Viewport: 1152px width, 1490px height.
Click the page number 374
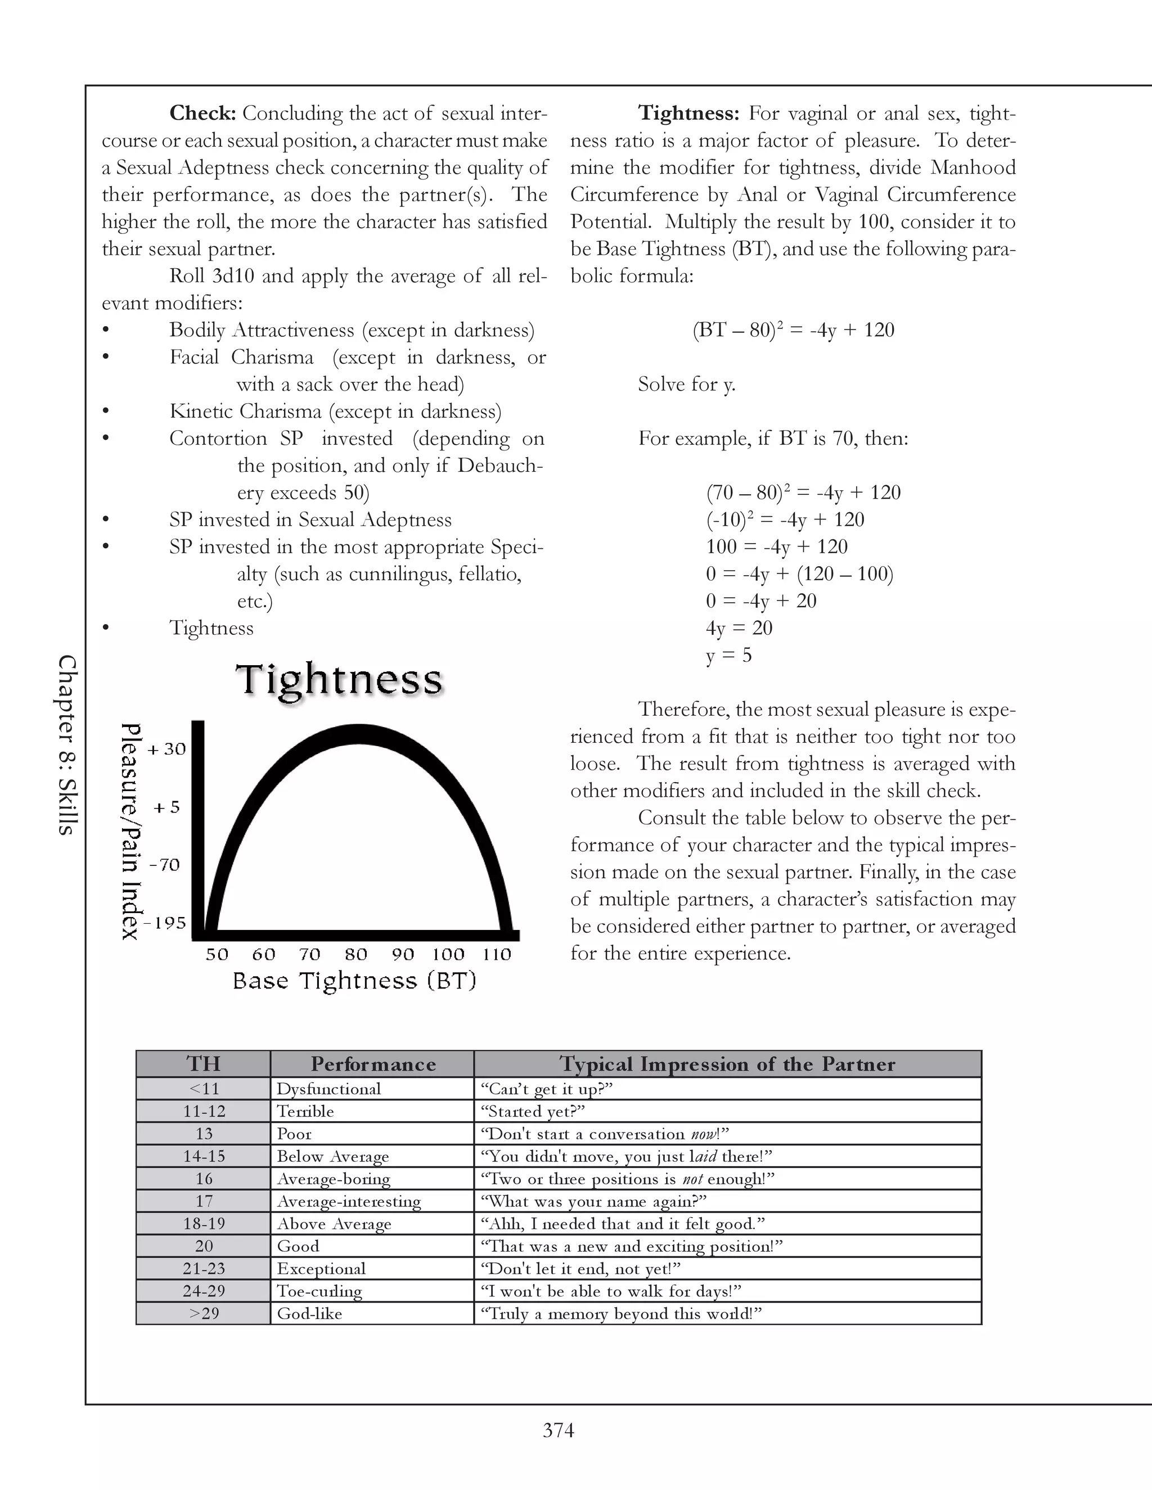(558, 1430)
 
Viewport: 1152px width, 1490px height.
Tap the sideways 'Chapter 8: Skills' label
(66, 744)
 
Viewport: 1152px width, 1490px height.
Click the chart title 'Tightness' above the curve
(339, 680)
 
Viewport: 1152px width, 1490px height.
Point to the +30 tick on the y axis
(166, 749)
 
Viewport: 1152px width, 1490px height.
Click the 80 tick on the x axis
(356, 955)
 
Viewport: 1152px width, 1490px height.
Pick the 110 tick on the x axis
(497, 955)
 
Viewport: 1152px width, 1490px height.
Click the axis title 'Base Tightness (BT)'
(354, 981)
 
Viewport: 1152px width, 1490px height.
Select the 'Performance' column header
(372, 1064)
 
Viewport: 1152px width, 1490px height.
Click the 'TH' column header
(204, 1064)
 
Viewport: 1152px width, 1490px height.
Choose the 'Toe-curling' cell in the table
(319, 1292)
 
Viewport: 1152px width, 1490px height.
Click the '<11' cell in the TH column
(204, 1089)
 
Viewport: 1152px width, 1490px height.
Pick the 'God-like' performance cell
(309, 1314)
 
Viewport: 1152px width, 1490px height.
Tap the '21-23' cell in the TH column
(204, 1269)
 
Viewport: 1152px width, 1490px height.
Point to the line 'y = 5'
(729, 656)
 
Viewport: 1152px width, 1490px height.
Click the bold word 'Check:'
(202, 113)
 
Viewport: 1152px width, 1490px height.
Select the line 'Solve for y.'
(687, 385)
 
